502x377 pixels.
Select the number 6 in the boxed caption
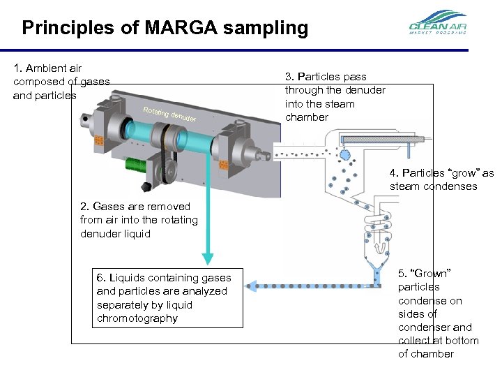click(100, 278)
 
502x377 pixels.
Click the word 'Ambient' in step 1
click(45, 68)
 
